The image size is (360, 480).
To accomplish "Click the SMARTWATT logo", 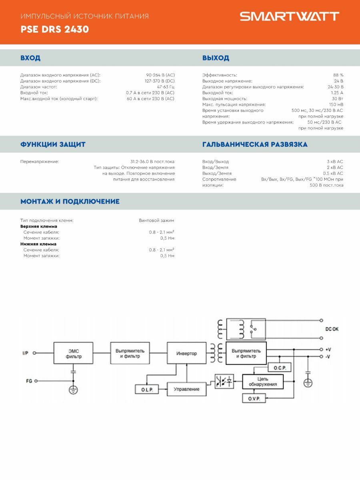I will pos(289,16).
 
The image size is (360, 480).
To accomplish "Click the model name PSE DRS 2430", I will pos(55,30).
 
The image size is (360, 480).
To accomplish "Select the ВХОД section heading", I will pos(30,58).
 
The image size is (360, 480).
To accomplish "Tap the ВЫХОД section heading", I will pos(216,58).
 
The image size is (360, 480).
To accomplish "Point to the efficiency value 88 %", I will pos(338,75).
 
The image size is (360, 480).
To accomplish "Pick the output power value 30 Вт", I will pos(337,99).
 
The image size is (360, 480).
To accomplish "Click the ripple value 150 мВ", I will pos(336,104).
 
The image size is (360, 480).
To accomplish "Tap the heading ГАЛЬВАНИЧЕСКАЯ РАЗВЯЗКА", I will pos(255,144).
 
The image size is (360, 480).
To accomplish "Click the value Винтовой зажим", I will pos(156,220).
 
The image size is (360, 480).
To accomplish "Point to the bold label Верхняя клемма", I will pos(39,226).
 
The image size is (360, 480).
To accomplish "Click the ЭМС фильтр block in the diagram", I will pos(74,354).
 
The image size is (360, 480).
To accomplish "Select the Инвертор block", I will pos(186,354).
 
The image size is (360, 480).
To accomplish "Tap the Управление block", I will pos(186,389).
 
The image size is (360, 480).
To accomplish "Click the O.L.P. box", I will pos(147,389).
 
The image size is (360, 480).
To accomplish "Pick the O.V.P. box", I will pos(254,398).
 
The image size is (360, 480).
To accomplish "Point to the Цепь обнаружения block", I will pos(262,382).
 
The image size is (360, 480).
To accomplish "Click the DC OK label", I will pos(332,329).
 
